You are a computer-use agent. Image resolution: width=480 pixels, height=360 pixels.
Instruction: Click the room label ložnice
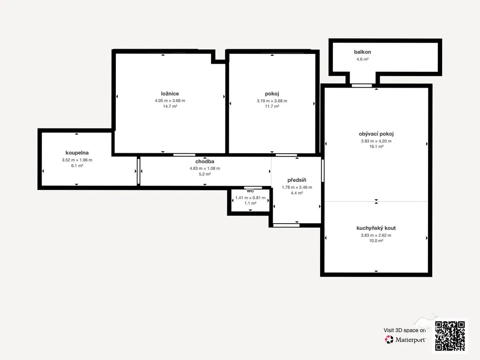(170, 94)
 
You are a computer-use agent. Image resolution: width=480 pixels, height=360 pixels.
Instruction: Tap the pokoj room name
(272, 94)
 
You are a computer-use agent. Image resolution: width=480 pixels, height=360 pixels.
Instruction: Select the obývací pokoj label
(376, 134)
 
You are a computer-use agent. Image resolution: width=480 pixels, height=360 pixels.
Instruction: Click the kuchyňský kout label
(376, 228)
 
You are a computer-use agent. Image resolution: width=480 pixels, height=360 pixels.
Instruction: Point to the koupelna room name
(77, 153)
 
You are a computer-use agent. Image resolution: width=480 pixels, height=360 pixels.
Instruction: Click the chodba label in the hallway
(205, 161)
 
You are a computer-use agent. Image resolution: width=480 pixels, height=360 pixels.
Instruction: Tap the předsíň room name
(297, 180)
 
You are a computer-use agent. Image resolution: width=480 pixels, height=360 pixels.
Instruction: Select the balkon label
(362, 52)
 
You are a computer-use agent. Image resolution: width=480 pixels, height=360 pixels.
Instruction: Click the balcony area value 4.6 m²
(362, 59)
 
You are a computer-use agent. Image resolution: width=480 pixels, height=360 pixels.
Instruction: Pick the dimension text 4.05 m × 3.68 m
(170, 100)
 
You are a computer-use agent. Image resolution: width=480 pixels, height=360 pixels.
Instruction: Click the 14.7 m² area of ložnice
(170, 106)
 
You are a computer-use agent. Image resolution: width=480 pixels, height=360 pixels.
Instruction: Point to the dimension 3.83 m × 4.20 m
(376, 141)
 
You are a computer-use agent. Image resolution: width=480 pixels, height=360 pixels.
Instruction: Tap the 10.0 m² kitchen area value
(376, 240)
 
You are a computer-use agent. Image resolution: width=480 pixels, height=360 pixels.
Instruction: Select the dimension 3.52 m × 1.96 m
(77, 160)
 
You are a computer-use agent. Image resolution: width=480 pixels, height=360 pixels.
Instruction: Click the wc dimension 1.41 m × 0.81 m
(250, 198)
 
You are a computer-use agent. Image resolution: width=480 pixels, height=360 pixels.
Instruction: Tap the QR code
(450, 336)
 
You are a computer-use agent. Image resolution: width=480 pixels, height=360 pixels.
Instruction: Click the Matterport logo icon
(389, 339)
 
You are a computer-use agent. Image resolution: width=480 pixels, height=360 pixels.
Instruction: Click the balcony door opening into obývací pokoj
(361, 86)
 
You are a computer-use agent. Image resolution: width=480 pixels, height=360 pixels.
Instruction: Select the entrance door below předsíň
(286, 225)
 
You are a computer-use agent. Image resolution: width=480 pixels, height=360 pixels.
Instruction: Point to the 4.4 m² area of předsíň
(297, 193)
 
